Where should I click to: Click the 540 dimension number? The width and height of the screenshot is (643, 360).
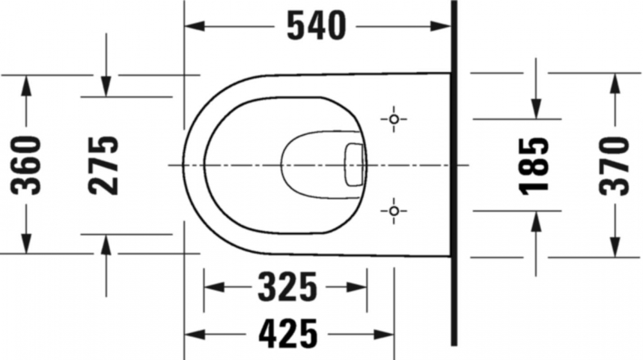coord(316,26)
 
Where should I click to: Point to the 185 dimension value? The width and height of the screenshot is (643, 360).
coord(534,166)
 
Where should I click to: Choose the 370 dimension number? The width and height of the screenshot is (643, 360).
coord(614,166)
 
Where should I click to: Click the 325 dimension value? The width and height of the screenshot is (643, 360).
coord(287,287)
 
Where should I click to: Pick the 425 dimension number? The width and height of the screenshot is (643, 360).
coord(288,334)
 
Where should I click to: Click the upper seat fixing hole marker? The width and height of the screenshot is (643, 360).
coord(394,120)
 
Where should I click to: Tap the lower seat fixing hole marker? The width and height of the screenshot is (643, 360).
coord(394,211)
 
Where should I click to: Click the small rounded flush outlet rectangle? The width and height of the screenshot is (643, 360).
coord(354,165)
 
